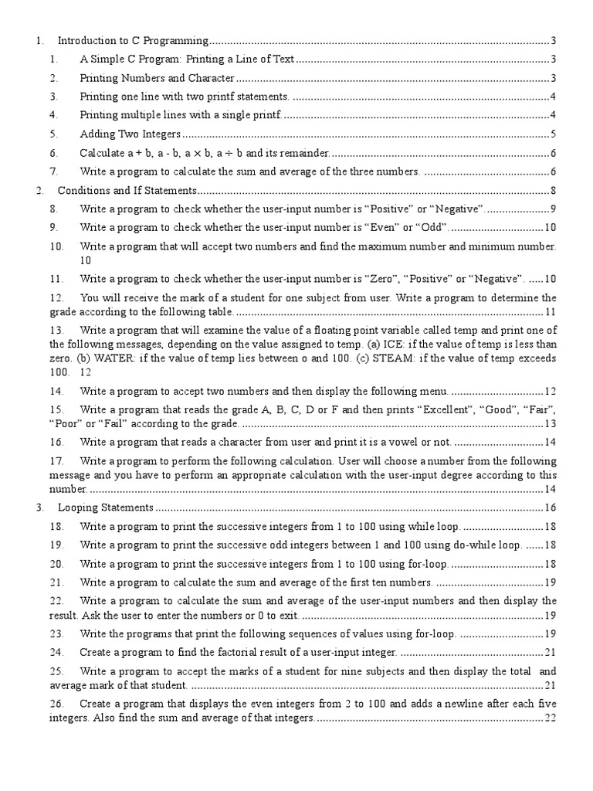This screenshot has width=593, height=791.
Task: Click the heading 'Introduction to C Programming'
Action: pos(133,40)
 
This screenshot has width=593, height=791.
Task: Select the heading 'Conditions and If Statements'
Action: pos(127,190)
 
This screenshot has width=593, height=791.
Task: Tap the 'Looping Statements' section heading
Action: pos(107,508)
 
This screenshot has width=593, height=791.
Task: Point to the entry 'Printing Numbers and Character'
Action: pos(157,78)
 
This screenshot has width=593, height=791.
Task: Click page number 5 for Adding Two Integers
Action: pos(554,134)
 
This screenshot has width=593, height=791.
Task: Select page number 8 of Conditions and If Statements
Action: pos(554,190)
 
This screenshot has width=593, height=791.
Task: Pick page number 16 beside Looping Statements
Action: pos(550,508)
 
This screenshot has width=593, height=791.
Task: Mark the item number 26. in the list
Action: pos(56,704)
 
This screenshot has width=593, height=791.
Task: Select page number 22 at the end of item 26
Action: pos(550,718)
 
